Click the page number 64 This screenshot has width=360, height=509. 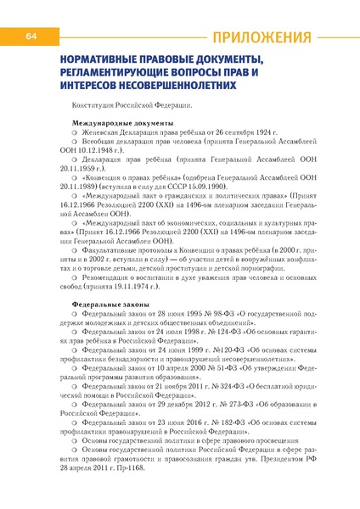[x=30, y=36]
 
